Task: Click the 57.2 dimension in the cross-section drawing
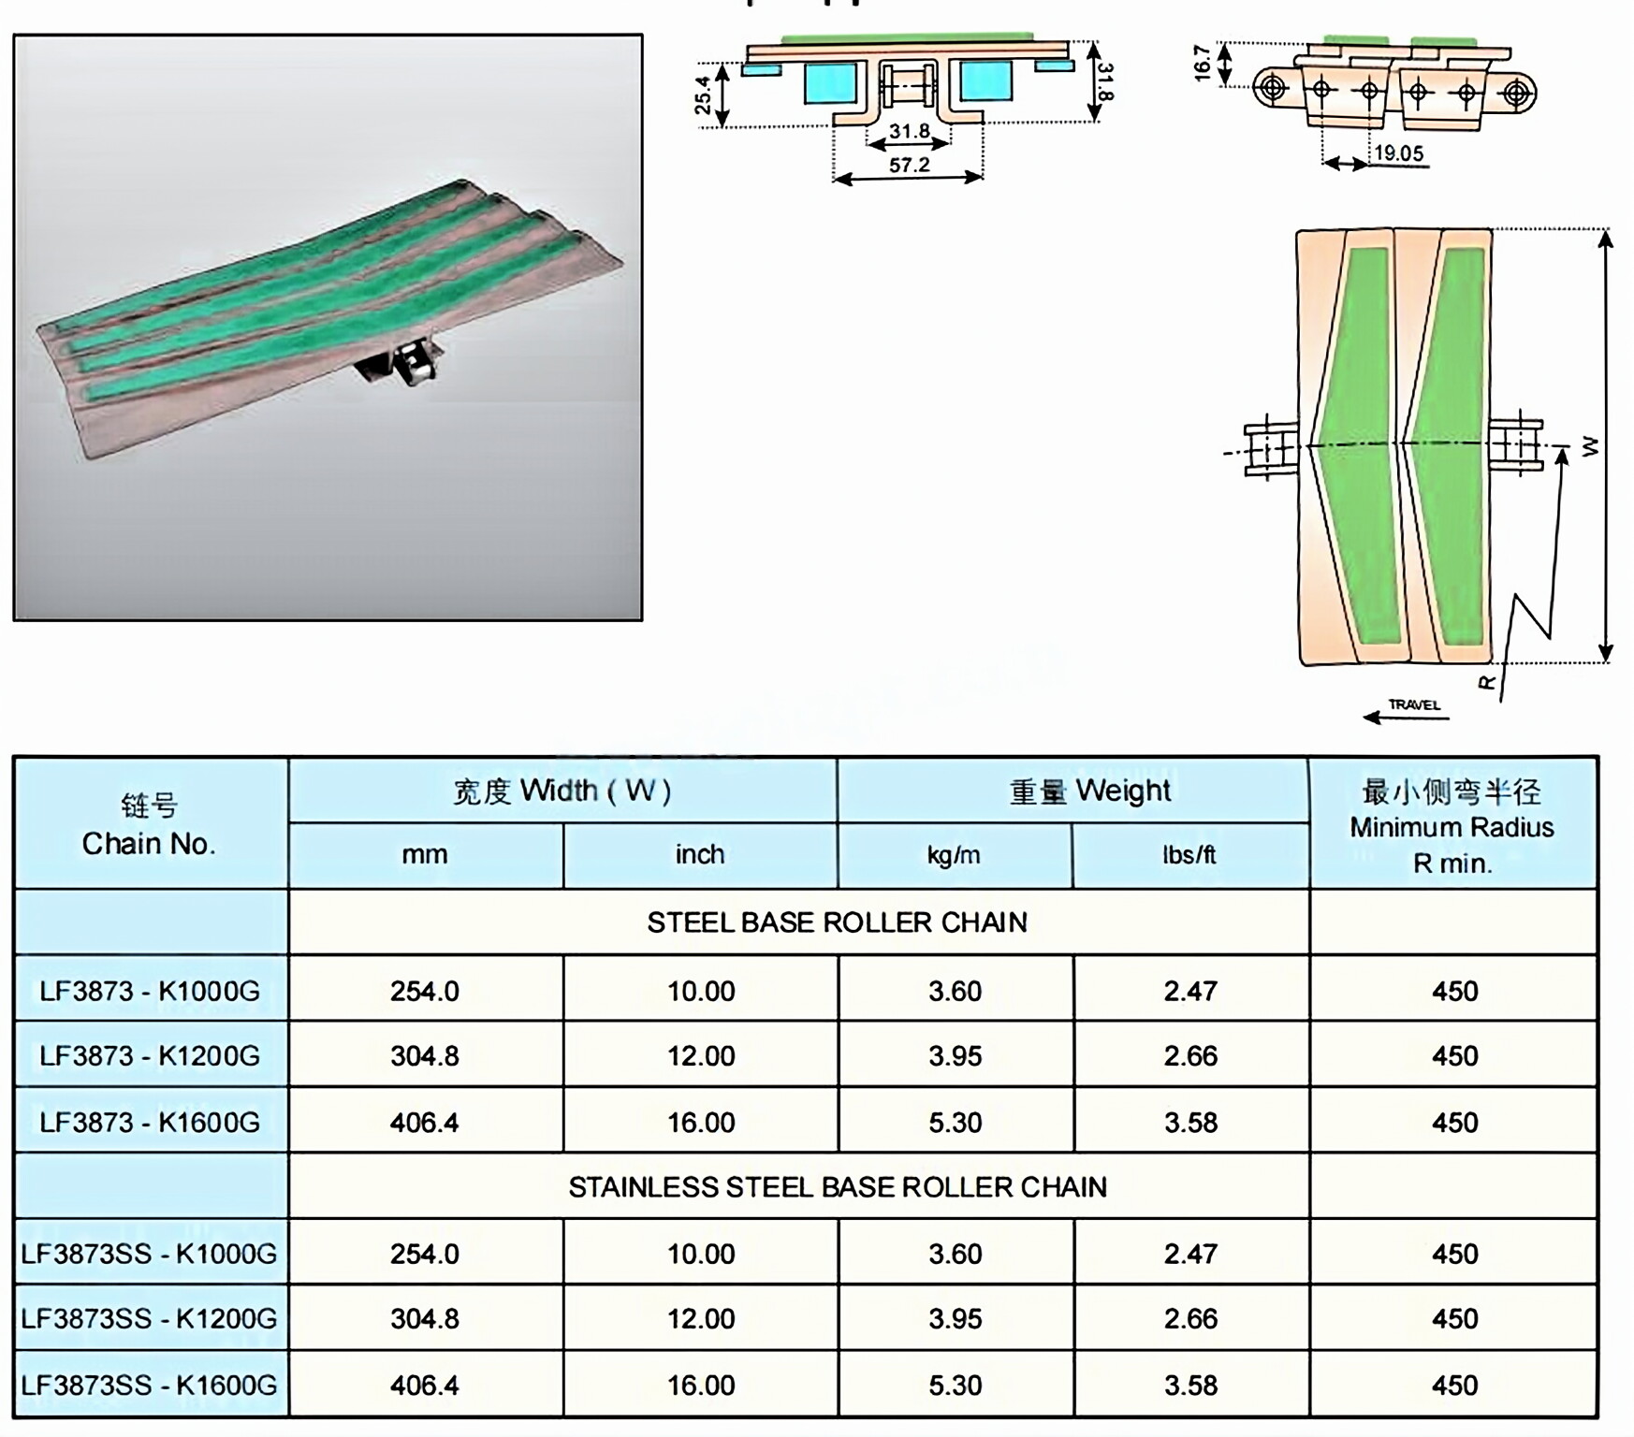[x=909, y=166]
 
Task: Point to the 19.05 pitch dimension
[x=1398, y=152]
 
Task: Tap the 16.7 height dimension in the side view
[x=1204, y=63]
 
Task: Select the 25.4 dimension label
[x=703, y=94]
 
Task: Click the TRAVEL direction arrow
[x=1406, y=718]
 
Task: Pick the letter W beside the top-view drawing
[x=1590, y=447]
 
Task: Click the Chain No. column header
[x=150, y=824]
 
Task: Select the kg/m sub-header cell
[x=954, y=855]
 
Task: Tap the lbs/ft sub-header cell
[x=1189, y=855]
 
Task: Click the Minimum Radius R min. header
[x=1452, y=827]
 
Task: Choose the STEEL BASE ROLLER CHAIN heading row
[x=837, y=922]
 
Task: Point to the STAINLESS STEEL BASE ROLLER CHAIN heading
[x=837, y=1187]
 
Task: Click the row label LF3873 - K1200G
[x=150, y=1056]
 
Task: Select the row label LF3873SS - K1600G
[x=150, y=1385]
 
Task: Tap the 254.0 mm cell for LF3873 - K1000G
[x=425, y=991]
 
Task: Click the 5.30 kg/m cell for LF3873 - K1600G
[x=955, y=1123]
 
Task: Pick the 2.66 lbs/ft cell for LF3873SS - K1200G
[x=1190, y=1319]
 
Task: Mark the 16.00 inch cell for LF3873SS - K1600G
[x=701, y=1385]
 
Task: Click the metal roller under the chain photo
[x=412, y=365]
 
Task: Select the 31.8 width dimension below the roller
[x=909, y=131]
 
